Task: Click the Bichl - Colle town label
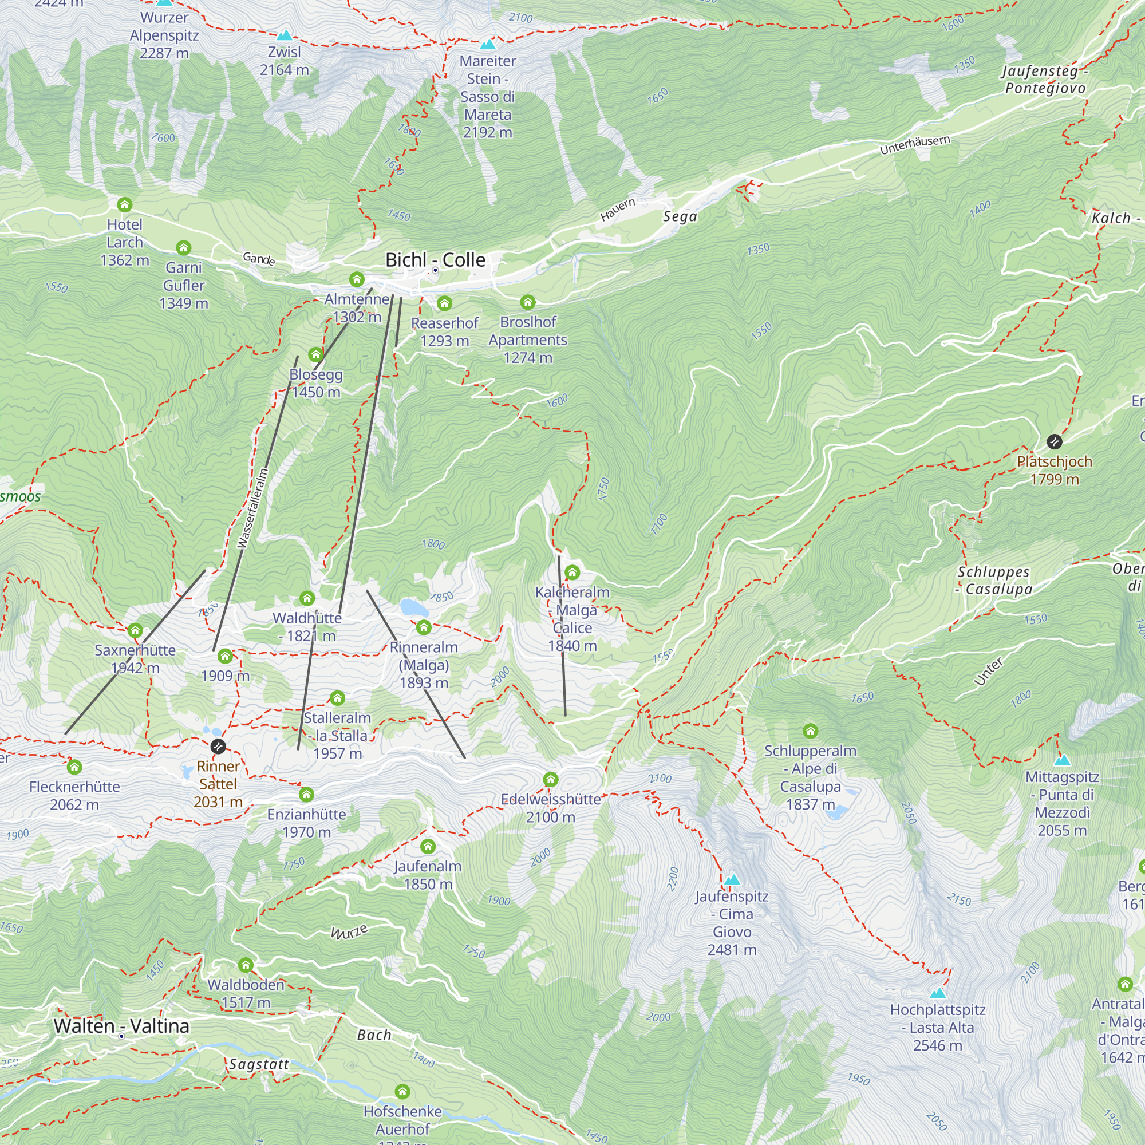tap(435, 259)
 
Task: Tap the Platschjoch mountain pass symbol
tap(1055, 441)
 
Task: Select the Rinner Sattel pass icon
tap(218, 746)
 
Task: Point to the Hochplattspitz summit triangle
tap(937, 993)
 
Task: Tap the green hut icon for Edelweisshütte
tap(551, 779)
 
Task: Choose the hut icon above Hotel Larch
tap(124, 204)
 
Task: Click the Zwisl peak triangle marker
tap(285, 35)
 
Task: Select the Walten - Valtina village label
tap(121, 1026)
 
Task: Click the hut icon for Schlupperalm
tap(810, 730)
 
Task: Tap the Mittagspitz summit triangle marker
tap(1062, 760)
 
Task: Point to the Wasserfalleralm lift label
tap(252, 508)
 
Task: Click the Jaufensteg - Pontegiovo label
tap(1045, 80)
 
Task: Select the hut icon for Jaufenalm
tap(428, 846)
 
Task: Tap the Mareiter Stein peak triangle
tap(488, 45)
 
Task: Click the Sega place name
tap(680, 216)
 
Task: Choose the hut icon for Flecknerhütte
tap(74, 767)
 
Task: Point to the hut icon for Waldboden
tap(246, 965)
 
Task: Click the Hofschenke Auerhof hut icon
tap(402, 1091)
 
